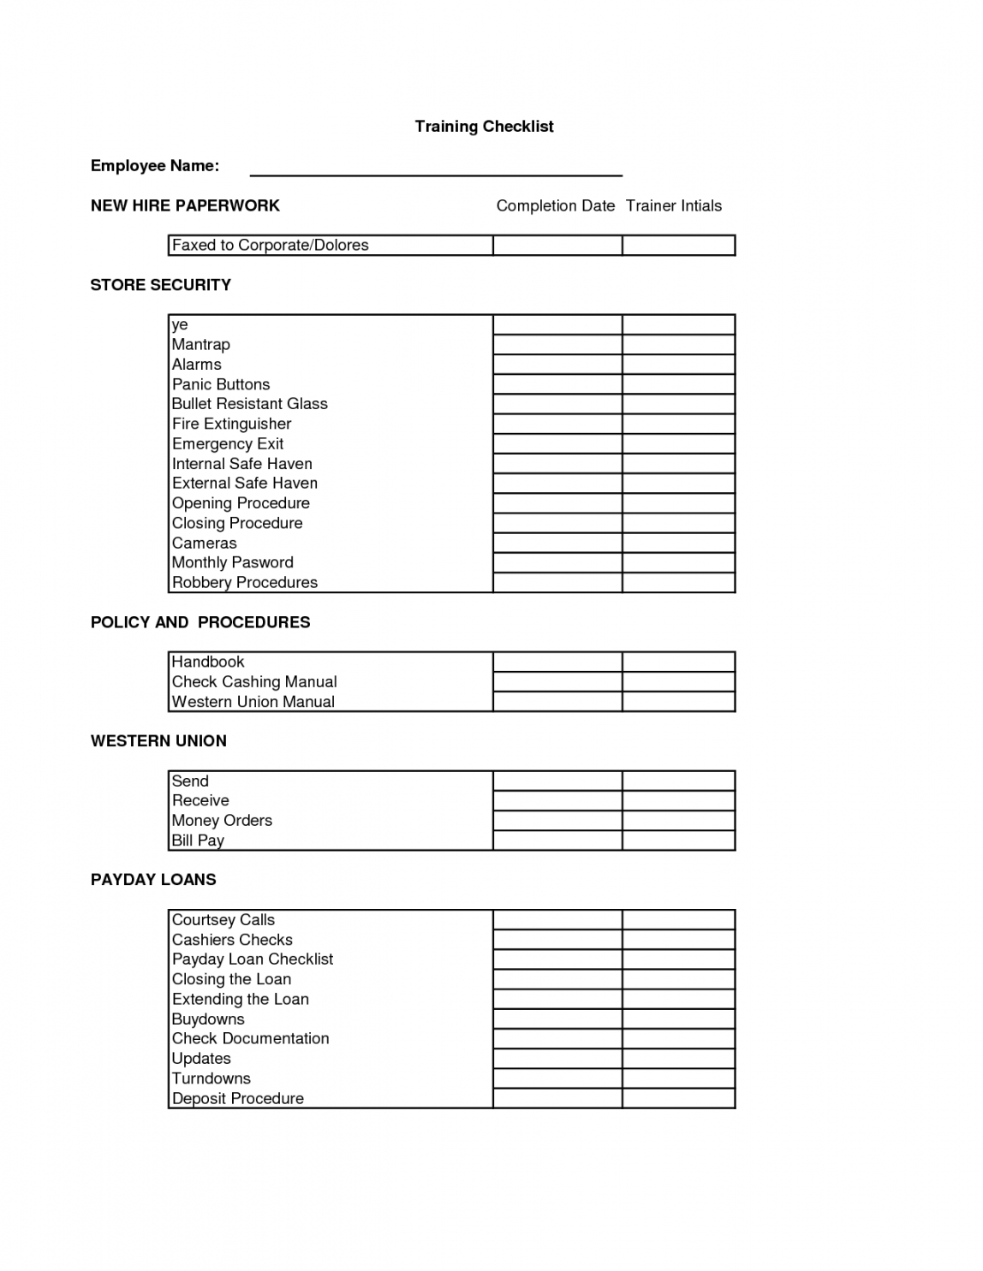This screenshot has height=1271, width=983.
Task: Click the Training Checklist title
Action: pyautogui.click(x=484, y=127)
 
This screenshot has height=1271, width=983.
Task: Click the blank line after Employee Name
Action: pyautogui.click(x=435, y=169)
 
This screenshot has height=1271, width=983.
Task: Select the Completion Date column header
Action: pyautogui.click(x=556, y=205)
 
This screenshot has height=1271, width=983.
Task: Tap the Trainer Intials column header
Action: pyautogui.click(x=674, y=205)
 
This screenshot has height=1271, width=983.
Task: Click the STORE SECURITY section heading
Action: pyautogui.click(x=161, y=285)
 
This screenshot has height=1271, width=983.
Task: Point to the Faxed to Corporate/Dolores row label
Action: pyautogui.click(x=271, y=246)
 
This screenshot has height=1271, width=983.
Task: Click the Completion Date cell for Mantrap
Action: pyautogui.click(x=557, y=345)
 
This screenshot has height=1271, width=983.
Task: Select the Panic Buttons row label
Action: pyautogui.click(x=221, y=384)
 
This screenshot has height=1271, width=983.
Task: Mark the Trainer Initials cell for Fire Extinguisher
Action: pyautogui.click(x=678, y=424)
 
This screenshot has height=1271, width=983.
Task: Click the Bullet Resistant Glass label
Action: pyautogui.click(x=250, y=404)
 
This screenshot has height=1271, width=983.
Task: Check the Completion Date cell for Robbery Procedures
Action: pyautogui.click(x=557, y=583)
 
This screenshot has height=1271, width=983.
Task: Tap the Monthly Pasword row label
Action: pyautogui.click(x=233, y=562)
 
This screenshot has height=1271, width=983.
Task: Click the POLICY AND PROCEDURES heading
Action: pyautogui.click(x=200, y=622)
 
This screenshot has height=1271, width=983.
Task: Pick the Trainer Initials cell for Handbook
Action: pyautogui.click(x=678, y=662)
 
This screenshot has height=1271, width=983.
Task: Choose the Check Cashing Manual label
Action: pyautogui.click(x=254, y=682)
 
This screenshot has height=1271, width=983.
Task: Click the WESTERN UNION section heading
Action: pyautogui.click(x=158, y=741)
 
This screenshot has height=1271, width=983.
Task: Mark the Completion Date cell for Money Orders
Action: pyautogui.click(x=557, y=820)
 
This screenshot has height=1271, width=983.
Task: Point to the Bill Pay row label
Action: pyautogui.click(x=198, y=840)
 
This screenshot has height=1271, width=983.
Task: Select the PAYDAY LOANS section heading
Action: pyautogui.click(x=153, y=880)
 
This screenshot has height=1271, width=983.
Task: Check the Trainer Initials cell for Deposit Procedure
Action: pyautogui.click(x=678, y=1098)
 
